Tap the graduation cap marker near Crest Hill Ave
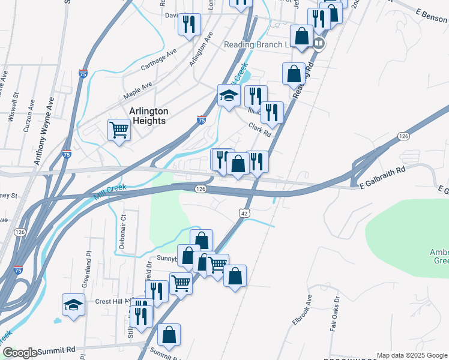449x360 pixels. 73,305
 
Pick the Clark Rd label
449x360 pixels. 260,130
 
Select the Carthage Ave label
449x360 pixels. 158,61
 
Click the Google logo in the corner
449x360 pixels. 19,353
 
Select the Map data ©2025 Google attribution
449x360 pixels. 412,355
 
